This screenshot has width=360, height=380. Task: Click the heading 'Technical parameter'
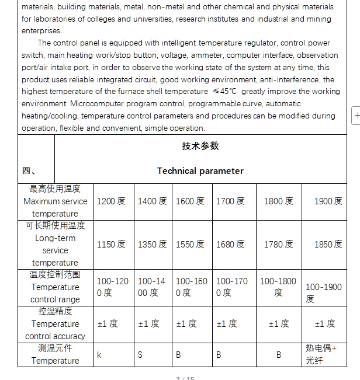coord(200,171)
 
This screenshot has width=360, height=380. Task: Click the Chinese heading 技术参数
coord(200,146)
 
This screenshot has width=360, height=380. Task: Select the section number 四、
coord(30,171)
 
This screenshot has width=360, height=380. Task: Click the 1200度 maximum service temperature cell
coord(111,201)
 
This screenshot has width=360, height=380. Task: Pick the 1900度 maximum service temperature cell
coord(328,201)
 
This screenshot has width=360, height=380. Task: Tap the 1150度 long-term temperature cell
coord(111,245)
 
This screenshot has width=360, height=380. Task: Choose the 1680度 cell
coord(230,245)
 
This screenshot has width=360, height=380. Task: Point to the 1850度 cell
coord(328,245)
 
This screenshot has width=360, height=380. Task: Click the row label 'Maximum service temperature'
coord(55,201)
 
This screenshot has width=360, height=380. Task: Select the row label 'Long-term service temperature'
coord(55,245)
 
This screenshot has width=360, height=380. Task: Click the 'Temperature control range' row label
coord(55,287)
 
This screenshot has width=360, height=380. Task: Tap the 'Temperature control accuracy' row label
coord(55,324)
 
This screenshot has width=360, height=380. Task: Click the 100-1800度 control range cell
coord(278,287)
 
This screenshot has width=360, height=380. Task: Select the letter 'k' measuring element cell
coord(99,354)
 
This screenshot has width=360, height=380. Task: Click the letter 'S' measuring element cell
coord(140,354)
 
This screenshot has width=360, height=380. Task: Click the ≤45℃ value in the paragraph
coord(226,92)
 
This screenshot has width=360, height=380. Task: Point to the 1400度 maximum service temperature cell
coord(152,201)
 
